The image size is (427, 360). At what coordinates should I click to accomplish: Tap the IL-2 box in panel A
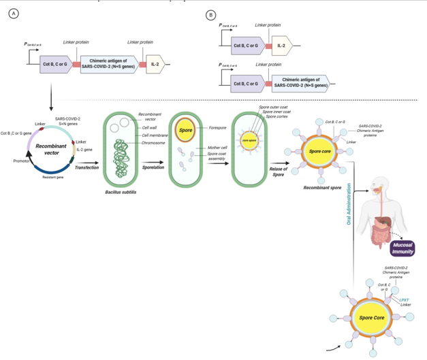coord(156,65)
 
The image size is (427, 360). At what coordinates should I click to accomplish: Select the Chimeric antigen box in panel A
coord(109,65)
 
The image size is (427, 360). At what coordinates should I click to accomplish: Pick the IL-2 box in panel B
coord(281,47)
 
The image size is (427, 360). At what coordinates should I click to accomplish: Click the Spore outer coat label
coord(274,108)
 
